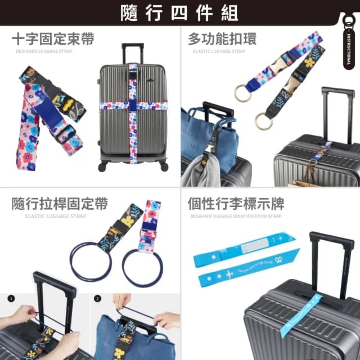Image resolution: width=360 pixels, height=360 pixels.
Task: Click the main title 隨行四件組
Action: pos(179,13)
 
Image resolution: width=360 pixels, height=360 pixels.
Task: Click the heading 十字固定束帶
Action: pos(53,39)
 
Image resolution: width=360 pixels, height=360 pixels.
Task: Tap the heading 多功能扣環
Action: pos(222,39)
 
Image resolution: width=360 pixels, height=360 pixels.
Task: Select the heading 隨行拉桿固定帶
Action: pos(60,204)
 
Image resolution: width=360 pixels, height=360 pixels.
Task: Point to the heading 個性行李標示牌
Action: pos(236,204)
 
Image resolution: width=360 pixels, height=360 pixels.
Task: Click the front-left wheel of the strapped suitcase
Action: pos(102,167)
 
